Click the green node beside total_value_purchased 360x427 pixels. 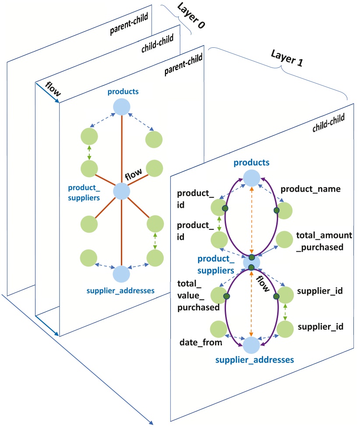(219, 295)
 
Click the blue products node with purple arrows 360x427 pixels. (251, 178)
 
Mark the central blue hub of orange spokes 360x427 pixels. (121, 192)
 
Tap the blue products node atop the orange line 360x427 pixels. (121, 107)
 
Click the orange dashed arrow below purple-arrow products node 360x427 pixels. (251, 219)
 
